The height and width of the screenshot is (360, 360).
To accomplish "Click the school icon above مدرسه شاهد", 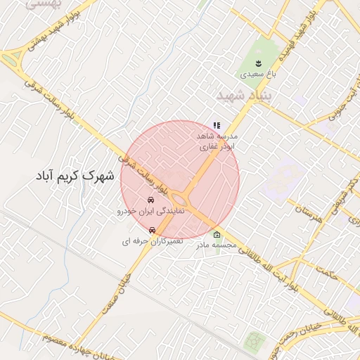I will pyautogui.click(x=217, y=125).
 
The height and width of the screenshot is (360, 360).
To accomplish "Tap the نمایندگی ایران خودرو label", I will pyautogui.click(x=150, y=210).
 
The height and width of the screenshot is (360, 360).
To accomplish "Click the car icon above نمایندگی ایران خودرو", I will pyautogui.click(x=150, y=200).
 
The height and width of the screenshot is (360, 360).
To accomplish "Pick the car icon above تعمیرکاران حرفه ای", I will pyautogui.click(x=152, y=229).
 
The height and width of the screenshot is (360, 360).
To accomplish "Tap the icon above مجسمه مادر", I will pyautogui.click(x=216, y=235).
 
